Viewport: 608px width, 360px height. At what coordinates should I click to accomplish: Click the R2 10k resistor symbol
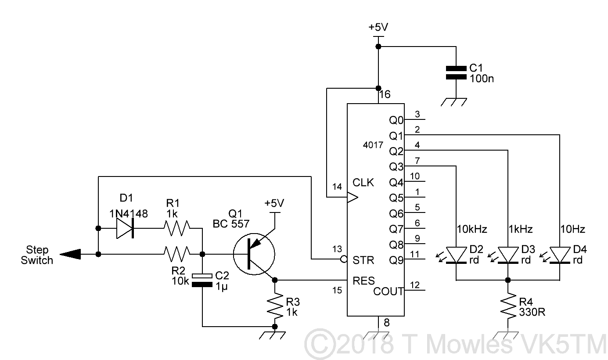(x=177, y=254)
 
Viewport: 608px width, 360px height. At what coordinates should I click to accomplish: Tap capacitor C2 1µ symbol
(x=202, y=280)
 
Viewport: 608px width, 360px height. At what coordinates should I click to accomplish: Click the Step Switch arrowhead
(x=70, y=254)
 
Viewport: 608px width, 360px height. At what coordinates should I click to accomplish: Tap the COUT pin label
(x=388, y=291)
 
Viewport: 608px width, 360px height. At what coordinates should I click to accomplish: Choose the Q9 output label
(x=396, y=260)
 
